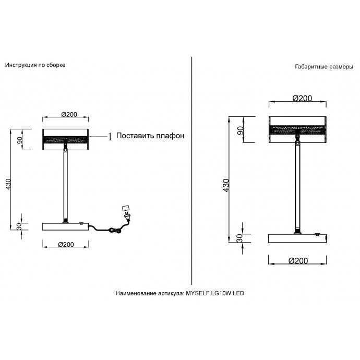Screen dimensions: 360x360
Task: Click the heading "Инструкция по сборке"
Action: [35, 65]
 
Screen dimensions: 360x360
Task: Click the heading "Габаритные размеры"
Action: [324, 67]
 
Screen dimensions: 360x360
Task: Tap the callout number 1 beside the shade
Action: [110, 137]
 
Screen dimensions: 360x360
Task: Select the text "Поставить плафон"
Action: [150, 136]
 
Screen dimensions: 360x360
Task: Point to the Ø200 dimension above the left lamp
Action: [69, 114]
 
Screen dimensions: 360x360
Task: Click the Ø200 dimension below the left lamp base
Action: [66, 245]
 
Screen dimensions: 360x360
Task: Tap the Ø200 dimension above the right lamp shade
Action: [302, 98]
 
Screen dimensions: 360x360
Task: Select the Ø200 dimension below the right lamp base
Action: [298, 261]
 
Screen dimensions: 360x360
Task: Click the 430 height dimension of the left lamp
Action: [8, 184]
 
